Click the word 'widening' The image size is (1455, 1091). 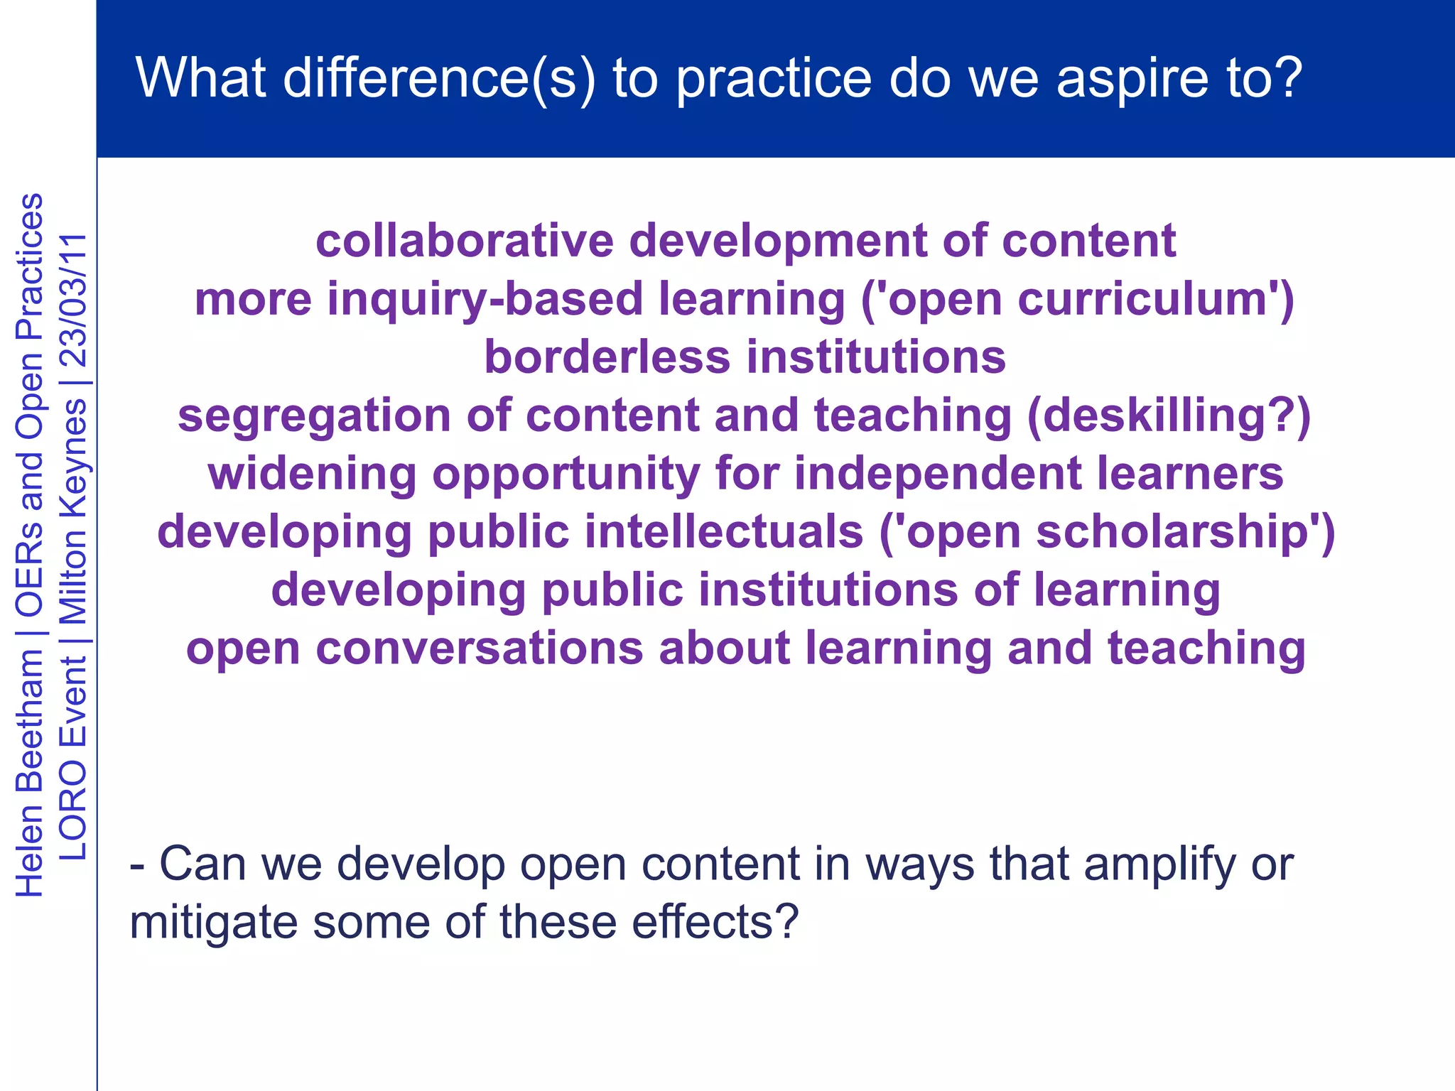[313, 474]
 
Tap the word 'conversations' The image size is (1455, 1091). [479, 648]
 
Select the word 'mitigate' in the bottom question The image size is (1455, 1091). [213, 923]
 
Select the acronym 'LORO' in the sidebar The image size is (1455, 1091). [73, 809]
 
